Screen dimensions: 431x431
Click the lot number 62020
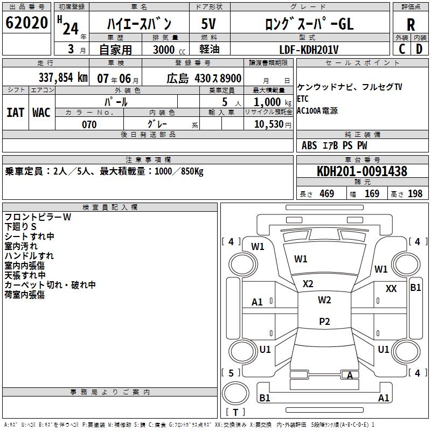coord(26,23)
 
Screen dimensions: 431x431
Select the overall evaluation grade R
coord(411,24)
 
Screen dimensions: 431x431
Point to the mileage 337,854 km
coord(62,78)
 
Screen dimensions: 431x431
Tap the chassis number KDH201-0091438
coord(362,172)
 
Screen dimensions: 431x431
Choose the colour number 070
coord(89,124)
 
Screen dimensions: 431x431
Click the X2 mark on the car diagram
coord(308,283)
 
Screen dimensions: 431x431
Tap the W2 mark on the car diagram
coord(324,300)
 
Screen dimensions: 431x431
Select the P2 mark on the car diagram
coord(324,322)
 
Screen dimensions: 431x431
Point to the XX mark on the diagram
coord(391,289)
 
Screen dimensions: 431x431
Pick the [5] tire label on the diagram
coord(231,373)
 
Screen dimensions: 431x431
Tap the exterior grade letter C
coord(402,49)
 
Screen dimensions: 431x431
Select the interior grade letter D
coord(420,49)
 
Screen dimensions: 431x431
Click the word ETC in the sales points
coord(303,99)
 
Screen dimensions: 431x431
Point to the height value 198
coord(415,193)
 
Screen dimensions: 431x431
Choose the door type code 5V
coord(208,24)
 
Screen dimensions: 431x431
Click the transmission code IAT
coord(15,113)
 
